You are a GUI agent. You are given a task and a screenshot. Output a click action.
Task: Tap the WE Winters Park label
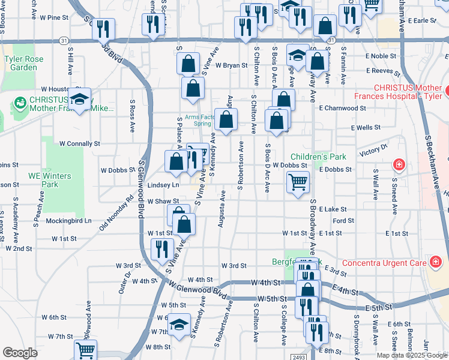(49, 180)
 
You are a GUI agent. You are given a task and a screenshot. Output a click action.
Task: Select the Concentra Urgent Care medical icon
(435, 262)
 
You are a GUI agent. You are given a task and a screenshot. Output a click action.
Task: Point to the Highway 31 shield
(64, 41)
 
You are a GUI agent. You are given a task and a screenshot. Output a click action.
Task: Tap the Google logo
(20, 352)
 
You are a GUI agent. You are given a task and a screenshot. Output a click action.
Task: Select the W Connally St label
(79, 144)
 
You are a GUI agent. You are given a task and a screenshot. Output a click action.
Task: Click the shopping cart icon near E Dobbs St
(298, 181)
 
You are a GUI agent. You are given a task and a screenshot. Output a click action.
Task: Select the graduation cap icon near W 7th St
(178, 325)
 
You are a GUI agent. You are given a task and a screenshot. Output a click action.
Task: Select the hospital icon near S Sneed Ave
(398, 164)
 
